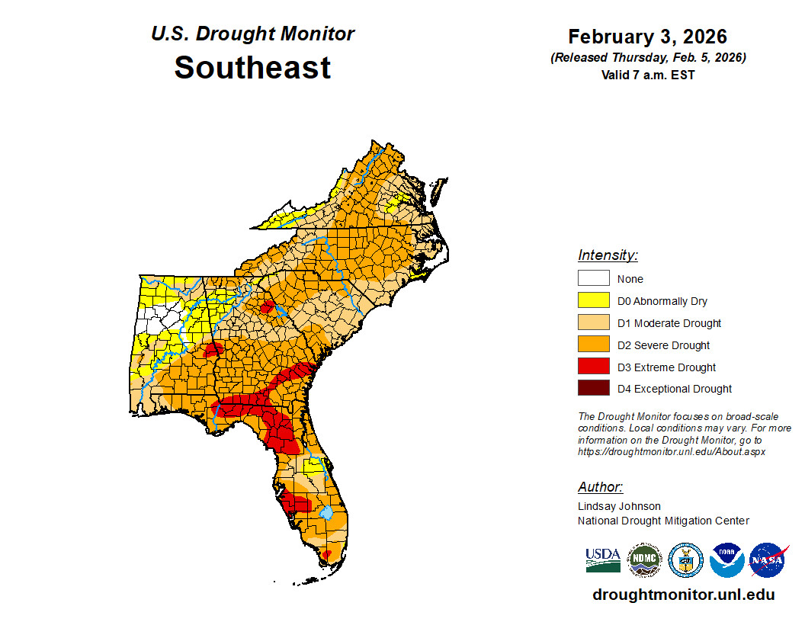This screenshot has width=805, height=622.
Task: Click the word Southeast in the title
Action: (252, 67)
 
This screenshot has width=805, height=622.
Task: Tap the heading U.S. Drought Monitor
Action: (252, 34)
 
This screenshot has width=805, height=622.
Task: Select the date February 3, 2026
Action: (647, 37)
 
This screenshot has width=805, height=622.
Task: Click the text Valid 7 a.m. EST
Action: (647, 75)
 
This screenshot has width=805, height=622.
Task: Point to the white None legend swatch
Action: (593, 278)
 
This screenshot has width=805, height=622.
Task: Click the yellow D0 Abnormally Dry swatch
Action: (593, 300)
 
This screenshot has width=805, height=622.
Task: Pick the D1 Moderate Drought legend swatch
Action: (593, 322)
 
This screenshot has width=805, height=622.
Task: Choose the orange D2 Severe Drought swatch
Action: (593, 345)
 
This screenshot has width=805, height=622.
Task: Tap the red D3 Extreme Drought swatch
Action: (593, 367)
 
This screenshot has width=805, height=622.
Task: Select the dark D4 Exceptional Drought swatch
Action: (593, 388)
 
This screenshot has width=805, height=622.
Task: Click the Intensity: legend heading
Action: (608, 255)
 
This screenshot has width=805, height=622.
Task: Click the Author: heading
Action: (600, 487)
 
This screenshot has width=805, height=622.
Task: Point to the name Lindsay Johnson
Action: (619, 506)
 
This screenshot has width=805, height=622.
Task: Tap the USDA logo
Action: (602, 560)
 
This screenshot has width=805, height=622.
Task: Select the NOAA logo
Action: (726, 560)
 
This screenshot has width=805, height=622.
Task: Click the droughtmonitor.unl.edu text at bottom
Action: (683, 595)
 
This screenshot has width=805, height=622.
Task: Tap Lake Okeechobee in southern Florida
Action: (326, 512)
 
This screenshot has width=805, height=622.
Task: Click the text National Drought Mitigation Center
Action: (663, 521)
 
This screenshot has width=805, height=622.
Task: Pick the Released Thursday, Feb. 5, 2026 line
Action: (647, 58)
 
